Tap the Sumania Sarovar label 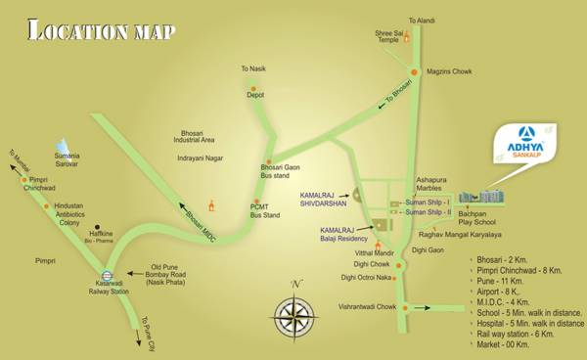68,159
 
